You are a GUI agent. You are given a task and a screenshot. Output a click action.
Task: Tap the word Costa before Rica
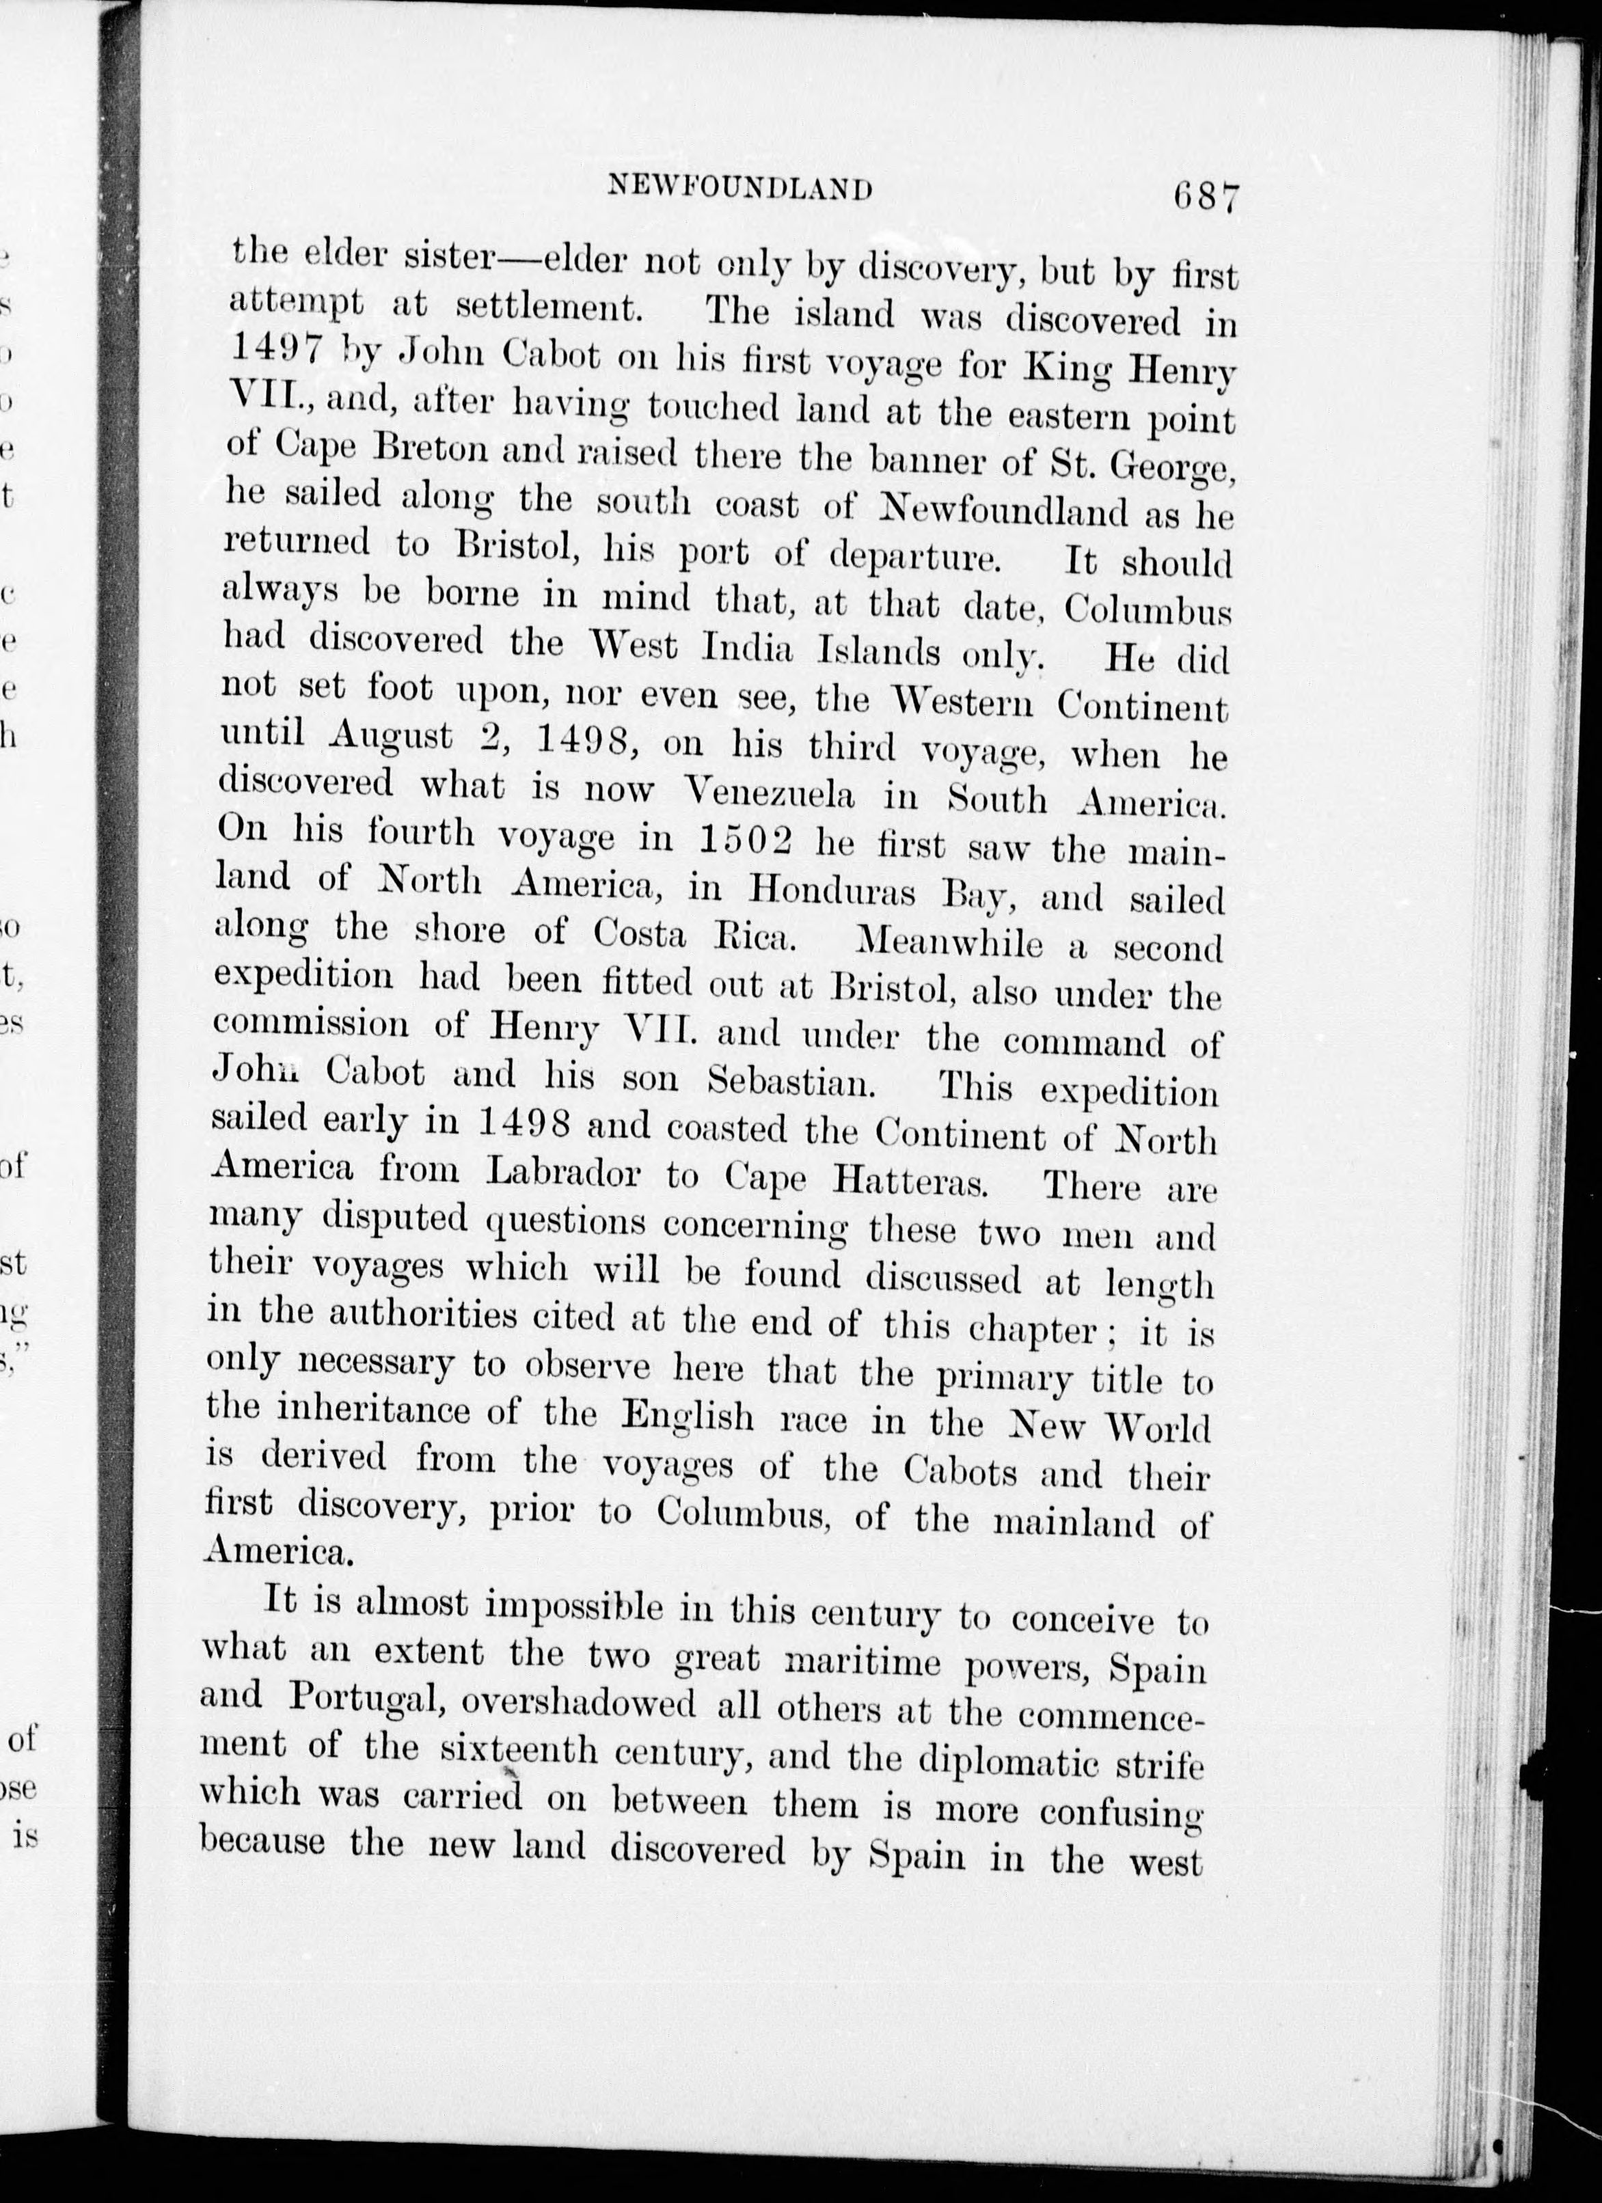point(640,934)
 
